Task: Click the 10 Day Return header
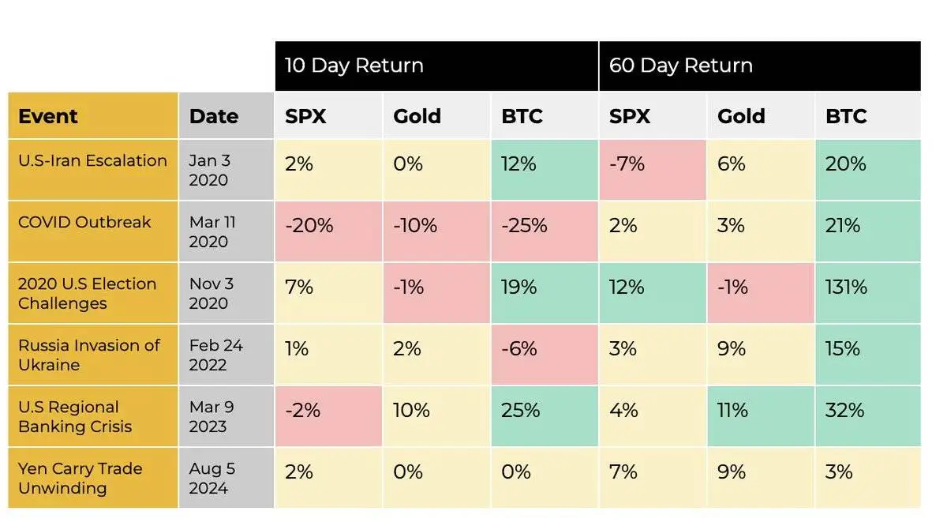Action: [x=354, y=66]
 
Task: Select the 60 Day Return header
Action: [x=680, y=66]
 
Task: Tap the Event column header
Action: [x=48, y=116]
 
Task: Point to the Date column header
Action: [x=214, y=116]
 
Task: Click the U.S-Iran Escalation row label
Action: [x=92, y=161]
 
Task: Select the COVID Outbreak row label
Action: [x=84, y=222]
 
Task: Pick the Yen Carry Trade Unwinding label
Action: [x=80, y=478]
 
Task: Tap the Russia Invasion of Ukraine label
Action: [x=88, y=355]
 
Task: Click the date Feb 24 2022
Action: [x=215, y=355]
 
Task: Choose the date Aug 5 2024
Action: [x=211, y=478]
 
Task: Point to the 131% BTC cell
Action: [x=846, y=287]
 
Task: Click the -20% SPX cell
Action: [x=309, y=226]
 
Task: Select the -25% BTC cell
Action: [x=524, y=226]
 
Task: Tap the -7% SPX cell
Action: [x=627, y=164]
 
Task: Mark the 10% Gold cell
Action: [x=412, y=411]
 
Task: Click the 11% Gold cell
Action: [x=733, y=411]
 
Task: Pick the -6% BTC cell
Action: [x=518, y=349]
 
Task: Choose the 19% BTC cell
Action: [x=519, y=287]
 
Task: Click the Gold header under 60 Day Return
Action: [x=741, y=116]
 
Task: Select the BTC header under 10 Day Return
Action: [x=522, y=116]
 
